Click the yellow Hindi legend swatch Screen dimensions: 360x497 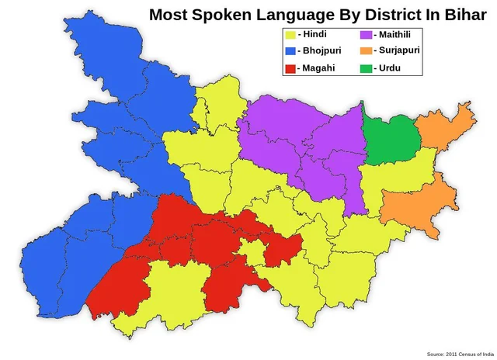pos(291,35)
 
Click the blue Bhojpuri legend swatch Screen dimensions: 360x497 pos(291,51)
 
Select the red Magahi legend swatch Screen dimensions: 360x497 pos(291,68)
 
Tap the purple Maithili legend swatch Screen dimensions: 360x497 pos(366,35)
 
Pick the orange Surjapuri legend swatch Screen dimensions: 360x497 pos(366,51)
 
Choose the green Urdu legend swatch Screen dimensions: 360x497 pos(366,68)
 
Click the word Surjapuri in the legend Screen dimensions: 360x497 pos(400,51)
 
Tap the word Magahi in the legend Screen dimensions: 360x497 pos(318,68)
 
